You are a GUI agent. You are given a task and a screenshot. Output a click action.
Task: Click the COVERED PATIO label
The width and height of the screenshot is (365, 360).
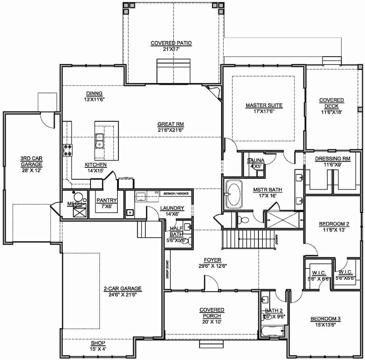pos(171,43)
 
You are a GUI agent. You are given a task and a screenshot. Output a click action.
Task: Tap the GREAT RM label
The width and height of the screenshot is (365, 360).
pos(170,124)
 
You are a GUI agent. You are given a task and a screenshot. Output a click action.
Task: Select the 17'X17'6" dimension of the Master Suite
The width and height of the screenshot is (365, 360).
pos(264,111)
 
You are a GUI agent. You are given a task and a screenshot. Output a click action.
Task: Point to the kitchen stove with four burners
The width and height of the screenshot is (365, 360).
pos(68,150)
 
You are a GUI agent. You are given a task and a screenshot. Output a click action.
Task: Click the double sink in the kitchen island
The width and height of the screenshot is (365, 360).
pos(99,141)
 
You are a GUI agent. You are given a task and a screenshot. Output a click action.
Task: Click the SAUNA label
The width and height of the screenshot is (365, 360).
pos(255,160)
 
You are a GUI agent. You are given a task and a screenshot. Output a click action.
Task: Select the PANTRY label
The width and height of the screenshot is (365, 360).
pos(106,200)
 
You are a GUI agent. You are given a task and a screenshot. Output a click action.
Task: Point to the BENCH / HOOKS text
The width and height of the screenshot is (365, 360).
pos(176,194)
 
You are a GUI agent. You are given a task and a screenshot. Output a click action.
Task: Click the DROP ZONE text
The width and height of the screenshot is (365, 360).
pos(167,269)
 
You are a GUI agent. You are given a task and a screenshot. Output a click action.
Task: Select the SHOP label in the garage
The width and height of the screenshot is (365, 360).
pos(98,343)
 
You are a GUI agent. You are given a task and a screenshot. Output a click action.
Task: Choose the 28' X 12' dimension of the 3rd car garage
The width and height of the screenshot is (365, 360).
pos(31,170)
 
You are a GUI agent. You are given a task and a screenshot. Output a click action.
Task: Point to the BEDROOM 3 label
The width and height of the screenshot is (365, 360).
pos(325,319)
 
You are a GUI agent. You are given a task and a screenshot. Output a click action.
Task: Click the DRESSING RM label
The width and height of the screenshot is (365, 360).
pos(332,159)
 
